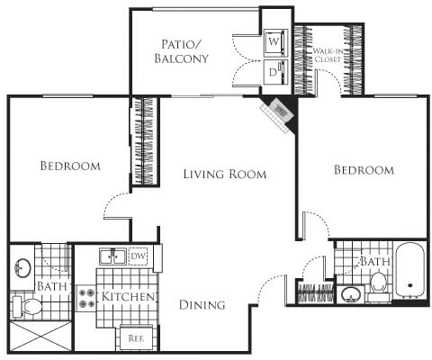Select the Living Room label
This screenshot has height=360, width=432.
(x=224, y=174)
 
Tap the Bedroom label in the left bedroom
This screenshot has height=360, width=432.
(x=69, y=166)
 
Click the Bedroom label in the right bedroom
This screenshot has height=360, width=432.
(x=364, y=170)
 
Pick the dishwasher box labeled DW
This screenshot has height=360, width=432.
(x=138, y=256)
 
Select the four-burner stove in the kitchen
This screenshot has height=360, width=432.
(x=87, y=298)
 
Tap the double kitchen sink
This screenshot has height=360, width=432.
(x=112, y=256)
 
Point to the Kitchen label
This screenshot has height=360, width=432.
(x=130, y=297)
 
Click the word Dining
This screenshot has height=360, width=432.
(x=202, y=304)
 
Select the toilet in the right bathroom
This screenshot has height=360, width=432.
(x=379, y=282)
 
